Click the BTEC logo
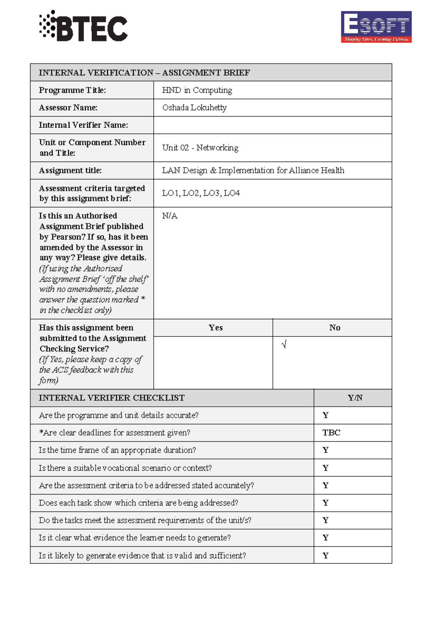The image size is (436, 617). [84, 26]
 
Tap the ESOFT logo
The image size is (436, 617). [376, 27]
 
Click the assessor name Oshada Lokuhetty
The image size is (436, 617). [194, 108]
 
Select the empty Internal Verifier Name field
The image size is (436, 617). [272, 125]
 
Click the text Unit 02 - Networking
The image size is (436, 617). [200, 148]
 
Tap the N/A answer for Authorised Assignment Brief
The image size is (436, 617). [170, 216]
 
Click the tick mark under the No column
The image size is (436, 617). [284, 344]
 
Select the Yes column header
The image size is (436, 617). [215, 328]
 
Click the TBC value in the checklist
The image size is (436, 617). [331, 433]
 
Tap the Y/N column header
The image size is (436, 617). [355, 398]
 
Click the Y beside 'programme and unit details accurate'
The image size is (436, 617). [326, 415]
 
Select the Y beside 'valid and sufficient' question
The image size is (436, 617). [326, 556]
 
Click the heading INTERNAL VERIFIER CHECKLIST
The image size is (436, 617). [112, 398]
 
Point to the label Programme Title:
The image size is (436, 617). [72, 90]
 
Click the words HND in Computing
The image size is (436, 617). [197, 90]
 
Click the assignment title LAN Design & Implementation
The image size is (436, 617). [253, 171]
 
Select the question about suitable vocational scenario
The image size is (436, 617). [125, 468]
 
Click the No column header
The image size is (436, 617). [335, 328]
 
